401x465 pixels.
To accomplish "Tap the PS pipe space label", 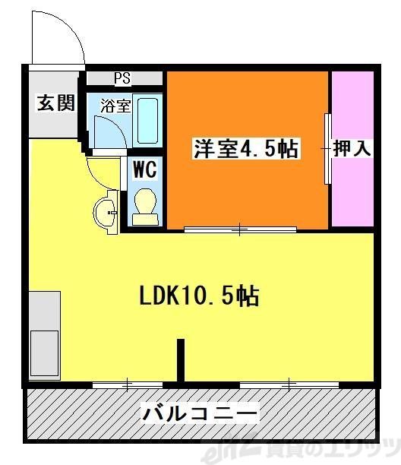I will coord(122,78).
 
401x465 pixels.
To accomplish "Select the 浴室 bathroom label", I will coord(116,106).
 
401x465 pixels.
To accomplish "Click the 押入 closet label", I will coord(352,149).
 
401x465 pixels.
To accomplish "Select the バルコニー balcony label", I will coord(200,414).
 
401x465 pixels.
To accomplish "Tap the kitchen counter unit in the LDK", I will coord(44,334).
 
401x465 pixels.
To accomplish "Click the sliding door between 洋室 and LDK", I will coord(240,228).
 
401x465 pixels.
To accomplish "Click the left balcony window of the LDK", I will coord(126,384).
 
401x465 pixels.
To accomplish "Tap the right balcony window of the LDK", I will coord(289,384).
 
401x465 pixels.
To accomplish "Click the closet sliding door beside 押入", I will coord(327,149).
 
